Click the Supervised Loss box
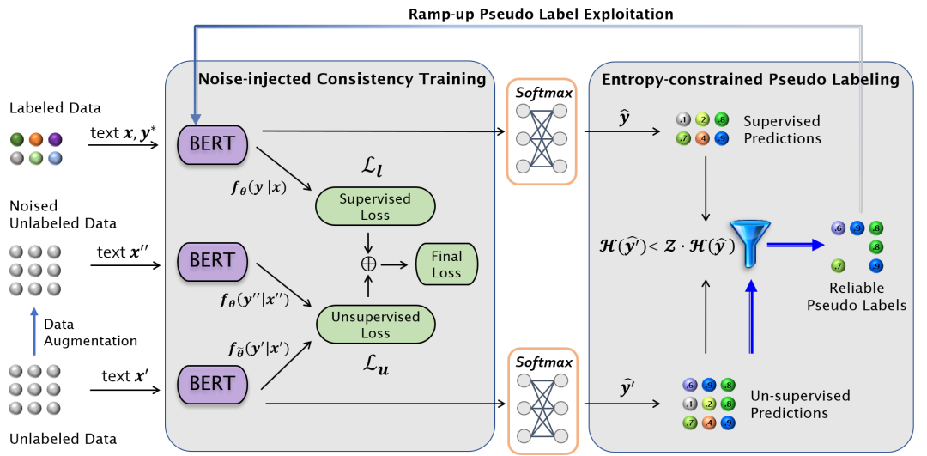pos(375,206)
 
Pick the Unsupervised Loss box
pos(375,325)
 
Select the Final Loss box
pos(446,264)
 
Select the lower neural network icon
pos(538,400)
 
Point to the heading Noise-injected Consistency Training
pos(342,80)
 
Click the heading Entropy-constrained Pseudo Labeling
pos(750,80)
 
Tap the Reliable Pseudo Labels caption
pos(857,296)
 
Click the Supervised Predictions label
pos(782,130)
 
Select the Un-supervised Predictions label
pos(800,404)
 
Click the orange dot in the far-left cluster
pos(35,138)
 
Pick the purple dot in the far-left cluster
pos(55,138)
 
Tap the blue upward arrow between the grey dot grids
pos(34,332)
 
